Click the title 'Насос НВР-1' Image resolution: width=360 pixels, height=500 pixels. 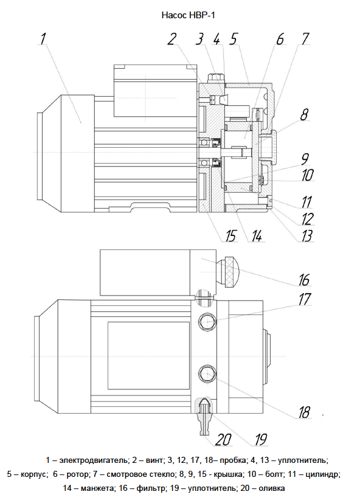click(189, 15)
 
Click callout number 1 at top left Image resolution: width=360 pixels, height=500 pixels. click(43, 38)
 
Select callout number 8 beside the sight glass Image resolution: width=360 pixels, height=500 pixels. click(305, 114)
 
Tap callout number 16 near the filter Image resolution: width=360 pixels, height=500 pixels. click(304, 280)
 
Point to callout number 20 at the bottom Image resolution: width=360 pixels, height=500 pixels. click(223, 439)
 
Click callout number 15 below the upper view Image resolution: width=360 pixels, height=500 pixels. click(230, 236)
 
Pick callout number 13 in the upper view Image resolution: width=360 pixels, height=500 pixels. click(306, 236)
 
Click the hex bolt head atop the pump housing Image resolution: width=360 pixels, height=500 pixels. click(215, 77)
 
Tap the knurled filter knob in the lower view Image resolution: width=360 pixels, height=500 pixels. click(227, 271)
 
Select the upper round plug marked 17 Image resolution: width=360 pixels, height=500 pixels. click(207, 321)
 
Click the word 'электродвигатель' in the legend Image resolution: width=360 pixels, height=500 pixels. click(94, 460)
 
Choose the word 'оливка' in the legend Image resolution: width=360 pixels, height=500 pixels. click(272, 488)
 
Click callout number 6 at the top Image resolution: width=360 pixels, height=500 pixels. click(280, 39)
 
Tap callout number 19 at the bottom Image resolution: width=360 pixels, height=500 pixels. click(261, 439)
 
